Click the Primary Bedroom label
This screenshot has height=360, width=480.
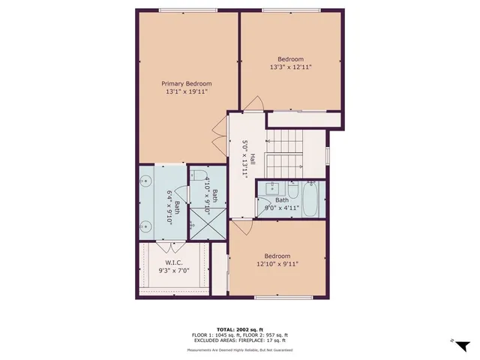(x=187, y=83)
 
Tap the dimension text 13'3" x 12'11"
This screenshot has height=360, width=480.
(x=290, y=67)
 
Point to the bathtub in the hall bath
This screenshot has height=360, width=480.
(x=309, y=200)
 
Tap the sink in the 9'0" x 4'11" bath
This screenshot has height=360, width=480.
(x=271, y=187)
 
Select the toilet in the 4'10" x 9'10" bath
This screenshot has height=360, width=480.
(x=200, y=178)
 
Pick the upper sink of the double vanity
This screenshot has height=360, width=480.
(x=147, y=181)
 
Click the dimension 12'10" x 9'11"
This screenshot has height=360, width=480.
(x=277, y=263)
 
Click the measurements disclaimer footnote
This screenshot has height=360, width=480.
(x=240, y=349)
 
